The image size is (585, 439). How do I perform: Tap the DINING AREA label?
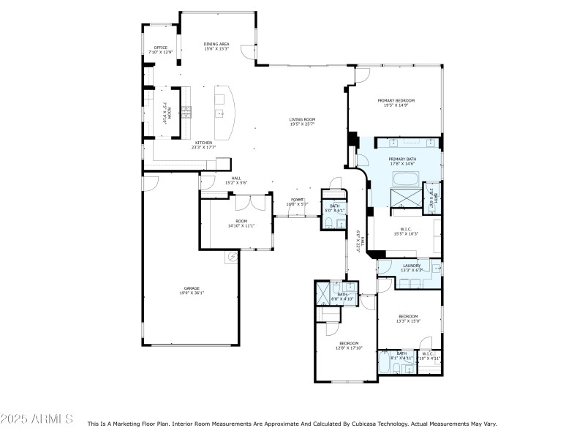[x=216, y=44]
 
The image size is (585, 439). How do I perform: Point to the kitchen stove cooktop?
[x=186, y=112]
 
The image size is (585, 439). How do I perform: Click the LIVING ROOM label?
[x=302, y=119]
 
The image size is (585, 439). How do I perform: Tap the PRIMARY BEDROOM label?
[x=396, y=100]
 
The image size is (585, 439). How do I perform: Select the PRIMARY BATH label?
[x=402, y=159]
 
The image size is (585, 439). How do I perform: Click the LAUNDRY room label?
[x=411, y=265]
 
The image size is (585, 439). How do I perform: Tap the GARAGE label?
[x=192, y=288]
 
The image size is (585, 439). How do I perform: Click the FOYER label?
[x=297, y=199]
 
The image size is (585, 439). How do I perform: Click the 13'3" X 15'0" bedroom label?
[x=408, y=316]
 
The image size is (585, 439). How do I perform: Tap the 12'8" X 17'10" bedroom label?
[x=349, y=343]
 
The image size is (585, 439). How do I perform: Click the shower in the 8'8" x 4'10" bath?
[x=322, y=293]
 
